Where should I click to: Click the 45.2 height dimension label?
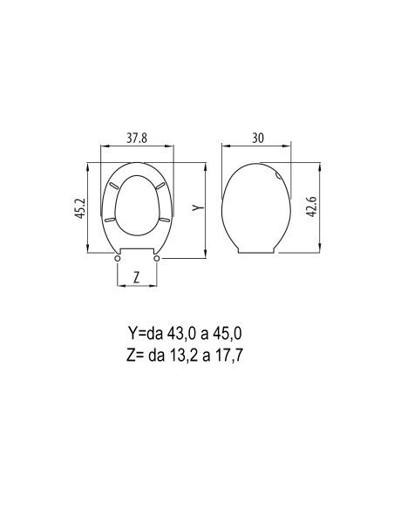80,210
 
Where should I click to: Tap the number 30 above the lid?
257,137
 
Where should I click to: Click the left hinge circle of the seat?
118,257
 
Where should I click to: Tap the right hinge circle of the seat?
157,257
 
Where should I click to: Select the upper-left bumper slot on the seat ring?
114,187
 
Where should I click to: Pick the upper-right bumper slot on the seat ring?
160,187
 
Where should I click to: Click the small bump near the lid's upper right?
278,177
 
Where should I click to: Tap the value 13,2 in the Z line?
202,354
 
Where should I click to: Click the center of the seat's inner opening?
137,206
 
